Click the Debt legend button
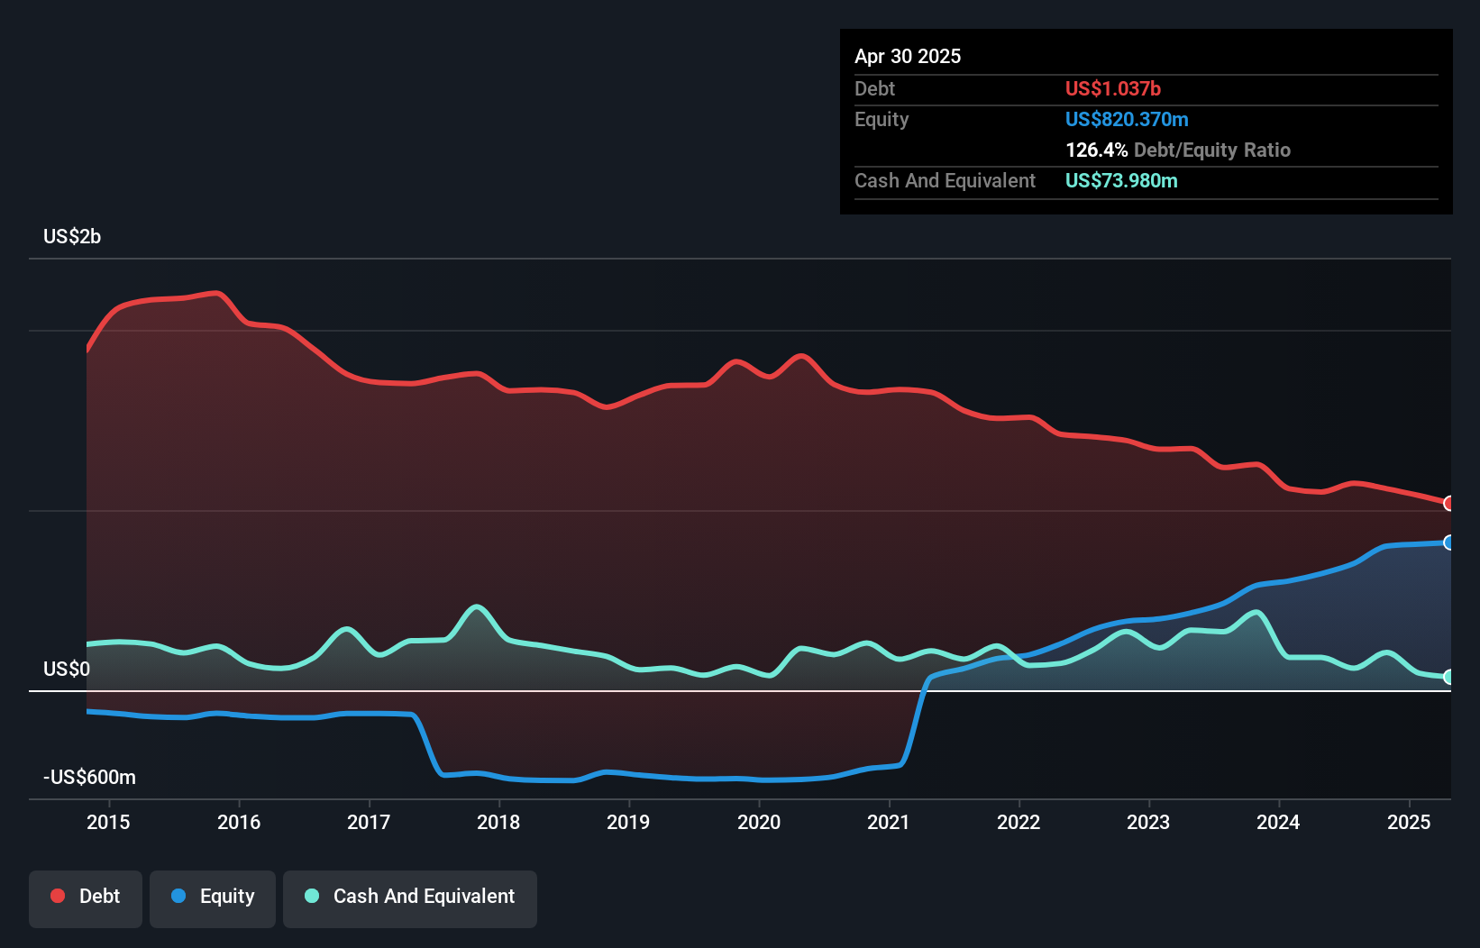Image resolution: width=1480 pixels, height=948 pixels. coord(85,898)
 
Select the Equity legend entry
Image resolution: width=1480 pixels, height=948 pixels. coord(213,898)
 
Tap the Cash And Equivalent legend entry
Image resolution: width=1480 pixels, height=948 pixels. coord(410,898)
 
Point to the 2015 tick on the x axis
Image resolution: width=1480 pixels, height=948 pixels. coord(108,822)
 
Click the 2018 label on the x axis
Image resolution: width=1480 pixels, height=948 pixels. coord(498,822)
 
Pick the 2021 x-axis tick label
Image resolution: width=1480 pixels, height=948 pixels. coord(889,822)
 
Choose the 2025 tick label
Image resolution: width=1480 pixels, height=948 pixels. coord(1409,822)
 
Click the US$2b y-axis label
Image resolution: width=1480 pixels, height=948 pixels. coord(72,237)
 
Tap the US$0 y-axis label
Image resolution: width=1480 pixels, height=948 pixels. coord(67,670)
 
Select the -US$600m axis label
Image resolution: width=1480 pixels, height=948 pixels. coord(90,778)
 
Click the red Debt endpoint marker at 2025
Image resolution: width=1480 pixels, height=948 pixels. coord(1448,503)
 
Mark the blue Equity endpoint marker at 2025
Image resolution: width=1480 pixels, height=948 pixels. coord(1448,542)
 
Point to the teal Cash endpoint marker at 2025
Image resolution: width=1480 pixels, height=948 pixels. coord(1448,677)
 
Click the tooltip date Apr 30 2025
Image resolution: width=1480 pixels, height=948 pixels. coord(908,57)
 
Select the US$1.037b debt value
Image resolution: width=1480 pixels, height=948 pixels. coord(1112,89)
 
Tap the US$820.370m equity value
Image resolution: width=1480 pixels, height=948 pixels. coord(1126,120)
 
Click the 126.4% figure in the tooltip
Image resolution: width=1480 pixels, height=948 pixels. coord(1096,150)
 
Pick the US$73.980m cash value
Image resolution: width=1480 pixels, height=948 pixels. coord(1120,181)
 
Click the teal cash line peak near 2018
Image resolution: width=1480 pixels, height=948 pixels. coord(476,606)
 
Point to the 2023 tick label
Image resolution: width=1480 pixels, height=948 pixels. coord(1148,822)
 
